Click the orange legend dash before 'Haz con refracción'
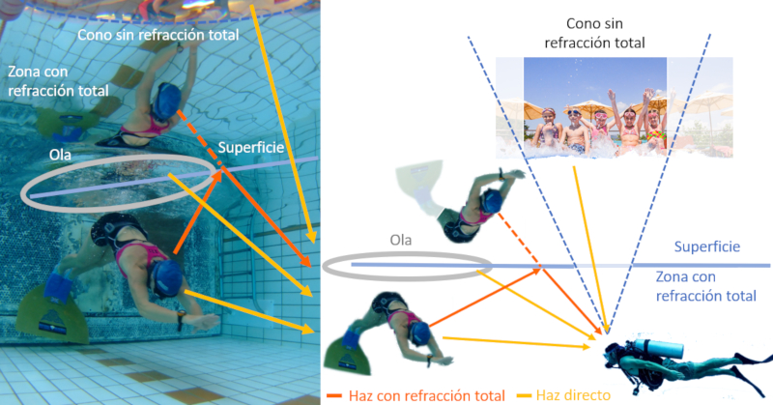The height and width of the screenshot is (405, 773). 332,394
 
